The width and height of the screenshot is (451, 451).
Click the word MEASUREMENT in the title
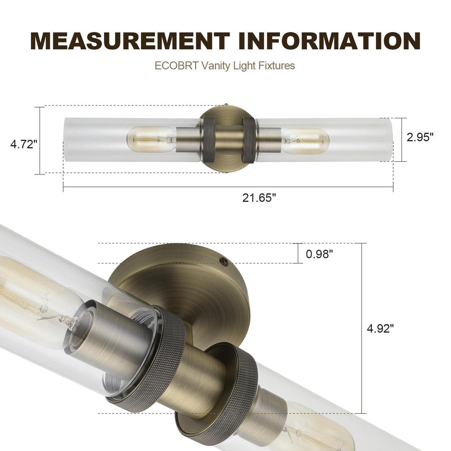130,41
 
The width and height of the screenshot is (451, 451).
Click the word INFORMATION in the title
329,41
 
